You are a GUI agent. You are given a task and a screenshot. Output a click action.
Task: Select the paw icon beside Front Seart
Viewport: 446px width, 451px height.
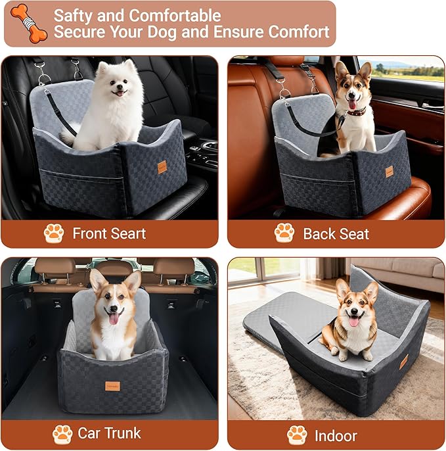point(54,233)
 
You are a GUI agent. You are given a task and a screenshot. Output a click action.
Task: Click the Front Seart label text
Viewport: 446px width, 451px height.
point(109,233)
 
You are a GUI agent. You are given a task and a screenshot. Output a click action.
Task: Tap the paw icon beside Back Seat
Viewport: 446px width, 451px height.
point(284,233)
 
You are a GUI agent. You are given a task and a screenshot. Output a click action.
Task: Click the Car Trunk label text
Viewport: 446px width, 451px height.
point(109,433)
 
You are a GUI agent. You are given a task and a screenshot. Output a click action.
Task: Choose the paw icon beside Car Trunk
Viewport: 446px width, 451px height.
point(62,433)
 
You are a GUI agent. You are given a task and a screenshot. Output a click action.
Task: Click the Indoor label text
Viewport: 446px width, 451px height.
point(336,435)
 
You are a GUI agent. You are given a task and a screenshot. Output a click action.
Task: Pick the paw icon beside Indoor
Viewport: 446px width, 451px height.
point(297,435)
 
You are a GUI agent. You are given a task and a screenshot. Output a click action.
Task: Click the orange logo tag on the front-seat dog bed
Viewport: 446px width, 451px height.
point(162,168)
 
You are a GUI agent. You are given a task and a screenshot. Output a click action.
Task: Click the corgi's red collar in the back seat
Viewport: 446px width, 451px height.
point(357,111)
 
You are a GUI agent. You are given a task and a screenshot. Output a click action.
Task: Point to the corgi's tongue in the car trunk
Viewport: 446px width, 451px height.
point(115,319)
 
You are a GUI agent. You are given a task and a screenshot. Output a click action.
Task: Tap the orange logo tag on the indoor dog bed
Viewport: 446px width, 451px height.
point(404,361)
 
